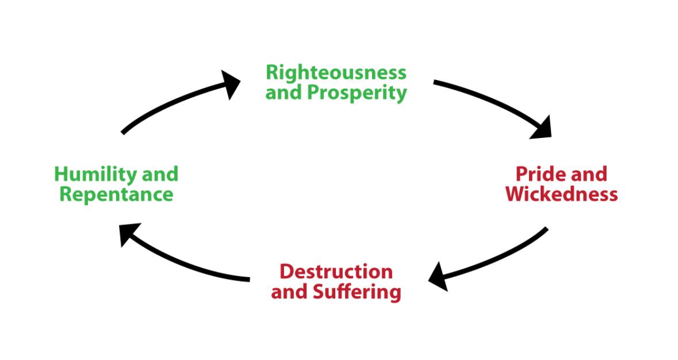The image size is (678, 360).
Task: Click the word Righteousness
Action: point(336,72)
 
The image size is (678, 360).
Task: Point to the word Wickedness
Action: point(562,194)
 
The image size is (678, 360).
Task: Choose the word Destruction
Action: point(336,271)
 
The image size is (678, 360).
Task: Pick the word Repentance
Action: point(116,194)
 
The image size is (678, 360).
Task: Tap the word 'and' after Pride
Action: point(587,173)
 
